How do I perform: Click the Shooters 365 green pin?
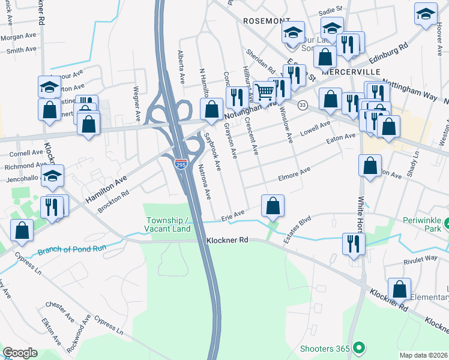point(358,347)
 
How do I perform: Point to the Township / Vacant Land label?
point(168,224)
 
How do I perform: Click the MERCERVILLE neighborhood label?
point(351,71)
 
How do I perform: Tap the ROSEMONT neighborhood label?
point(267,20)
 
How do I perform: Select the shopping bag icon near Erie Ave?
point(273,206)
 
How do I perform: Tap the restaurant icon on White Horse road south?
point(352,244)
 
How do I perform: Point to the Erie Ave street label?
point(233,214)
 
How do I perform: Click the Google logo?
point(20,353)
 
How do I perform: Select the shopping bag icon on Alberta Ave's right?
point(211,110)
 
